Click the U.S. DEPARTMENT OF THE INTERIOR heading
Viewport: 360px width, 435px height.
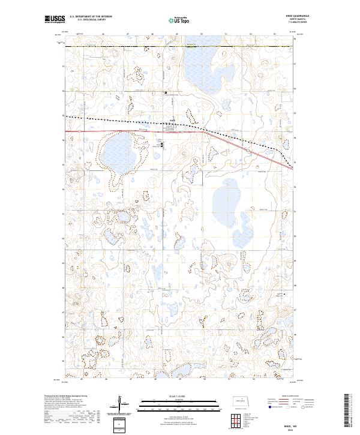(91, 17)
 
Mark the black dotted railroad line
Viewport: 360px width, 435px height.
(120, 120)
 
